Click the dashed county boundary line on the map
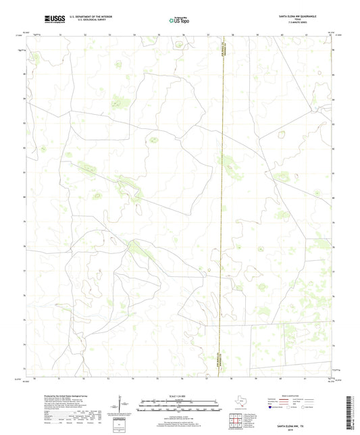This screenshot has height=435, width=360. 223,203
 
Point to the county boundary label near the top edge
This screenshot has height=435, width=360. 223,51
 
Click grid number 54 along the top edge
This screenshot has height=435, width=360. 134,33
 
